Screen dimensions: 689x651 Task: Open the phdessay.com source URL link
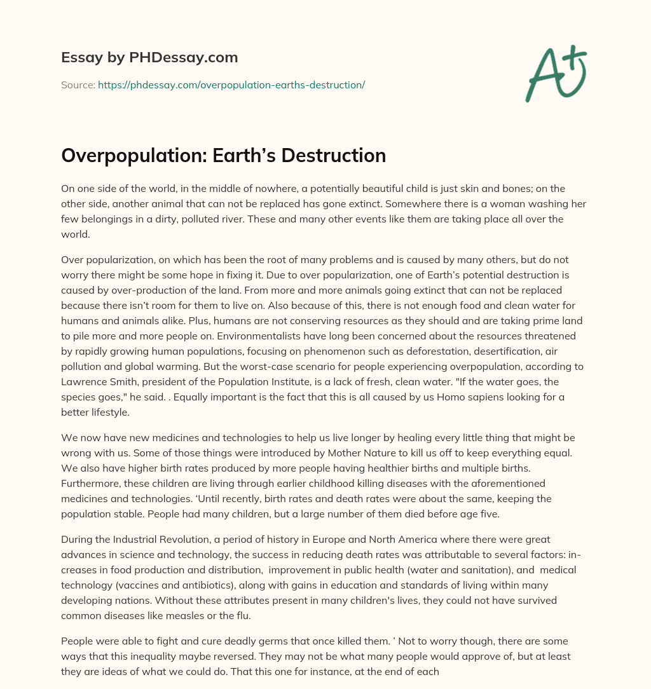(x=231, y=85)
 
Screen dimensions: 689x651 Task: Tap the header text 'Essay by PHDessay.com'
(x=149, y=57)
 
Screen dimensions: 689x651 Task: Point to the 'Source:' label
(x=78, y=85)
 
